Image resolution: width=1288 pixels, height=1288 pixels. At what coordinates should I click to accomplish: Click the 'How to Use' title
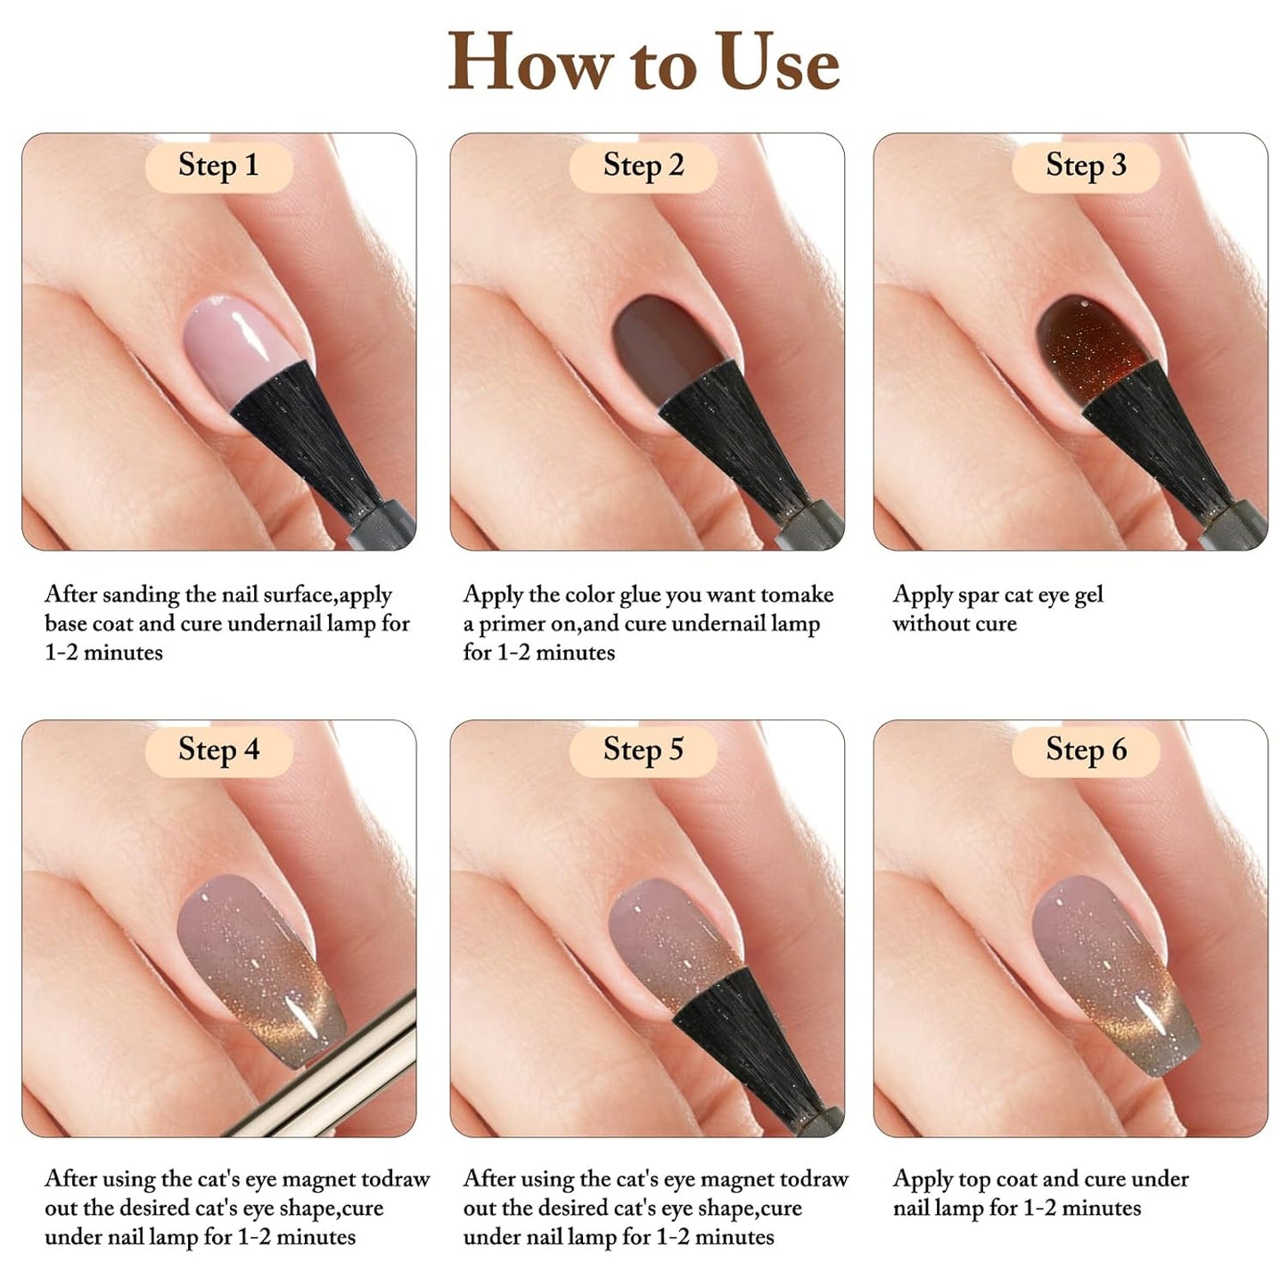(x=643, y=62)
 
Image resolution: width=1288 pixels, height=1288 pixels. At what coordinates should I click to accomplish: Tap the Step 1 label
(x=218, y=165)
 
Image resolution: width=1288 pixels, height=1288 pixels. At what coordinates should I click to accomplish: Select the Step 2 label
(x=643, y=165)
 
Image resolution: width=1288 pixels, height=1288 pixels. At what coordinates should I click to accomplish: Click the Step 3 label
(x=1086, y=165)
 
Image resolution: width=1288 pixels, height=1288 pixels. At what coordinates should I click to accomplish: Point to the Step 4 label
(x=218, y=749)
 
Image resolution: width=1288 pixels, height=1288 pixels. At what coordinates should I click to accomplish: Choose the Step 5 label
(x=643, y=749)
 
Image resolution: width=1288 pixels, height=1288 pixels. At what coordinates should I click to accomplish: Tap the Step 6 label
(x=1086, y=749)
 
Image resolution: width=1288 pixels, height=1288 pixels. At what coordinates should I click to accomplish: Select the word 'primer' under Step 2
(x=516, y=624)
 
